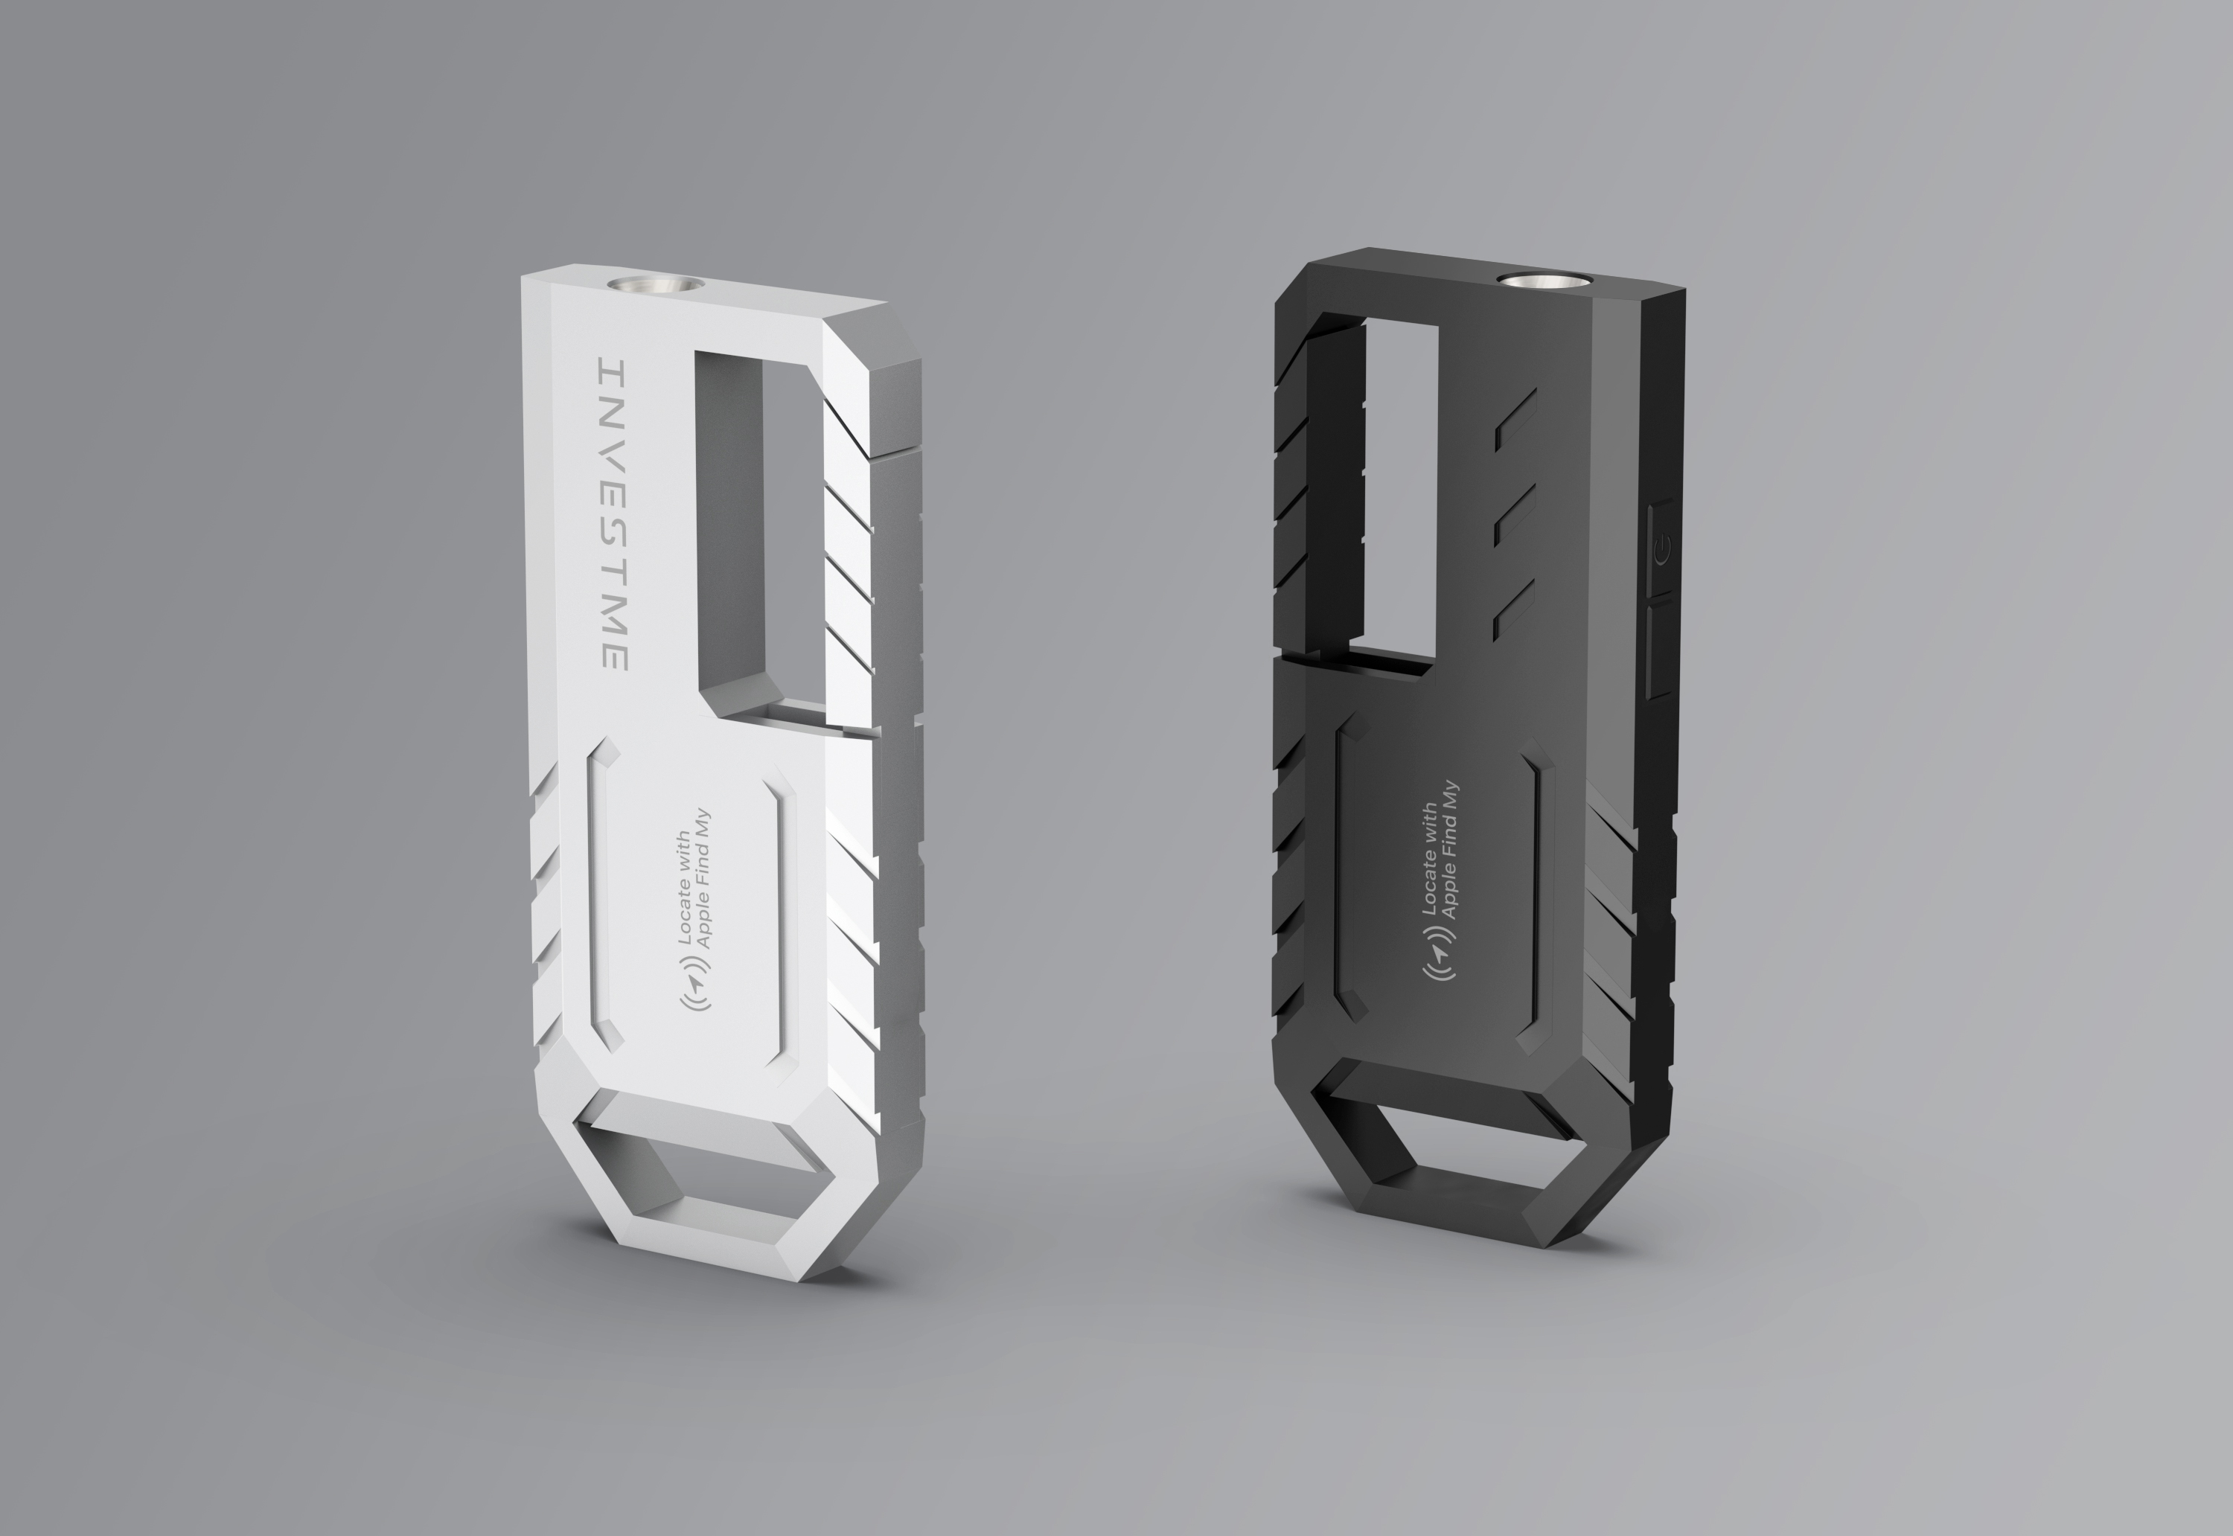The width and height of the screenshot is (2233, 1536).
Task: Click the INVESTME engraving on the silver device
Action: click(x=614, y=515)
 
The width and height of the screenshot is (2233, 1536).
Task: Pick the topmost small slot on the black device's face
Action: click(x=1514, y=427)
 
